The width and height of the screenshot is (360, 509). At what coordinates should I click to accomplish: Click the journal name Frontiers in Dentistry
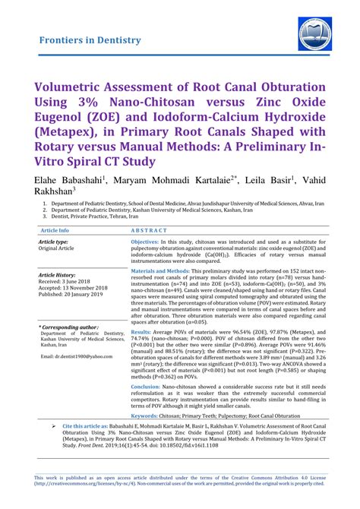pos(90,40)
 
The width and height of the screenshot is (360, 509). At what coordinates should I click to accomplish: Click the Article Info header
pos(58,229)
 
